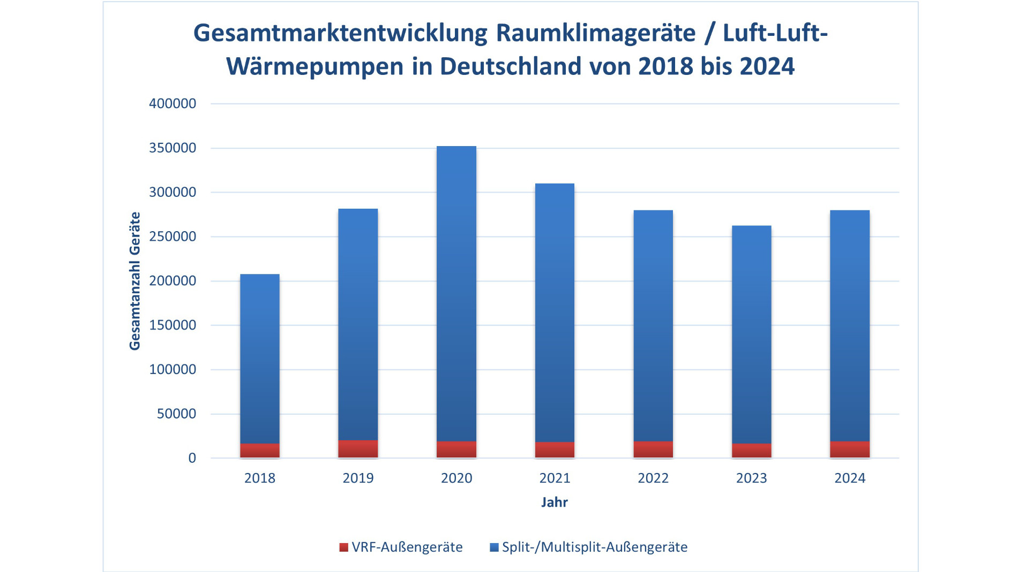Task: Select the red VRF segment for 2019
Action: [x=358, y=449]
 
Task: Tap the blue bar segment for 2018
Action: [x=260, y=359]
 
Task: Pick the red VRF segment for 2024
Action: [x=850, y=449]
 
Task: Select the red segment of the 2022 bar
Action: [x=653, y=449]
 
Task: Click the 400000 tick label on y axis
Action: [x=173, y=104]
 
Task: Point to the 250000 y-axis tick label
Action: [x=173, y=237]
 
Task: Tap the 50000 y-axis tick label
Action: [x=176, y=414]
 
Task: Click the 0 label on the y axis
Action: [x=192, y=458]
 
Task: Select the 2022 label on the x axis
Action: [x=653, y=478]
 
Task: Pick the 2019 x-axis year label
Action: [x=358, y=478]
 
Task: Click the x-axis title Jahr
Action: [x=554, y=502]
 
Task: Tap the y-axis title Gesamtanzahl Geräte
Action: [x=134, y=281]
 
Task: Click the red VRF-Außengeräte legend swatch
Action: [x=344, y=547]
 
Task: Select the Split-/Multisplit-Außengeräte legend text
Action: [x=594, y=547]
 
